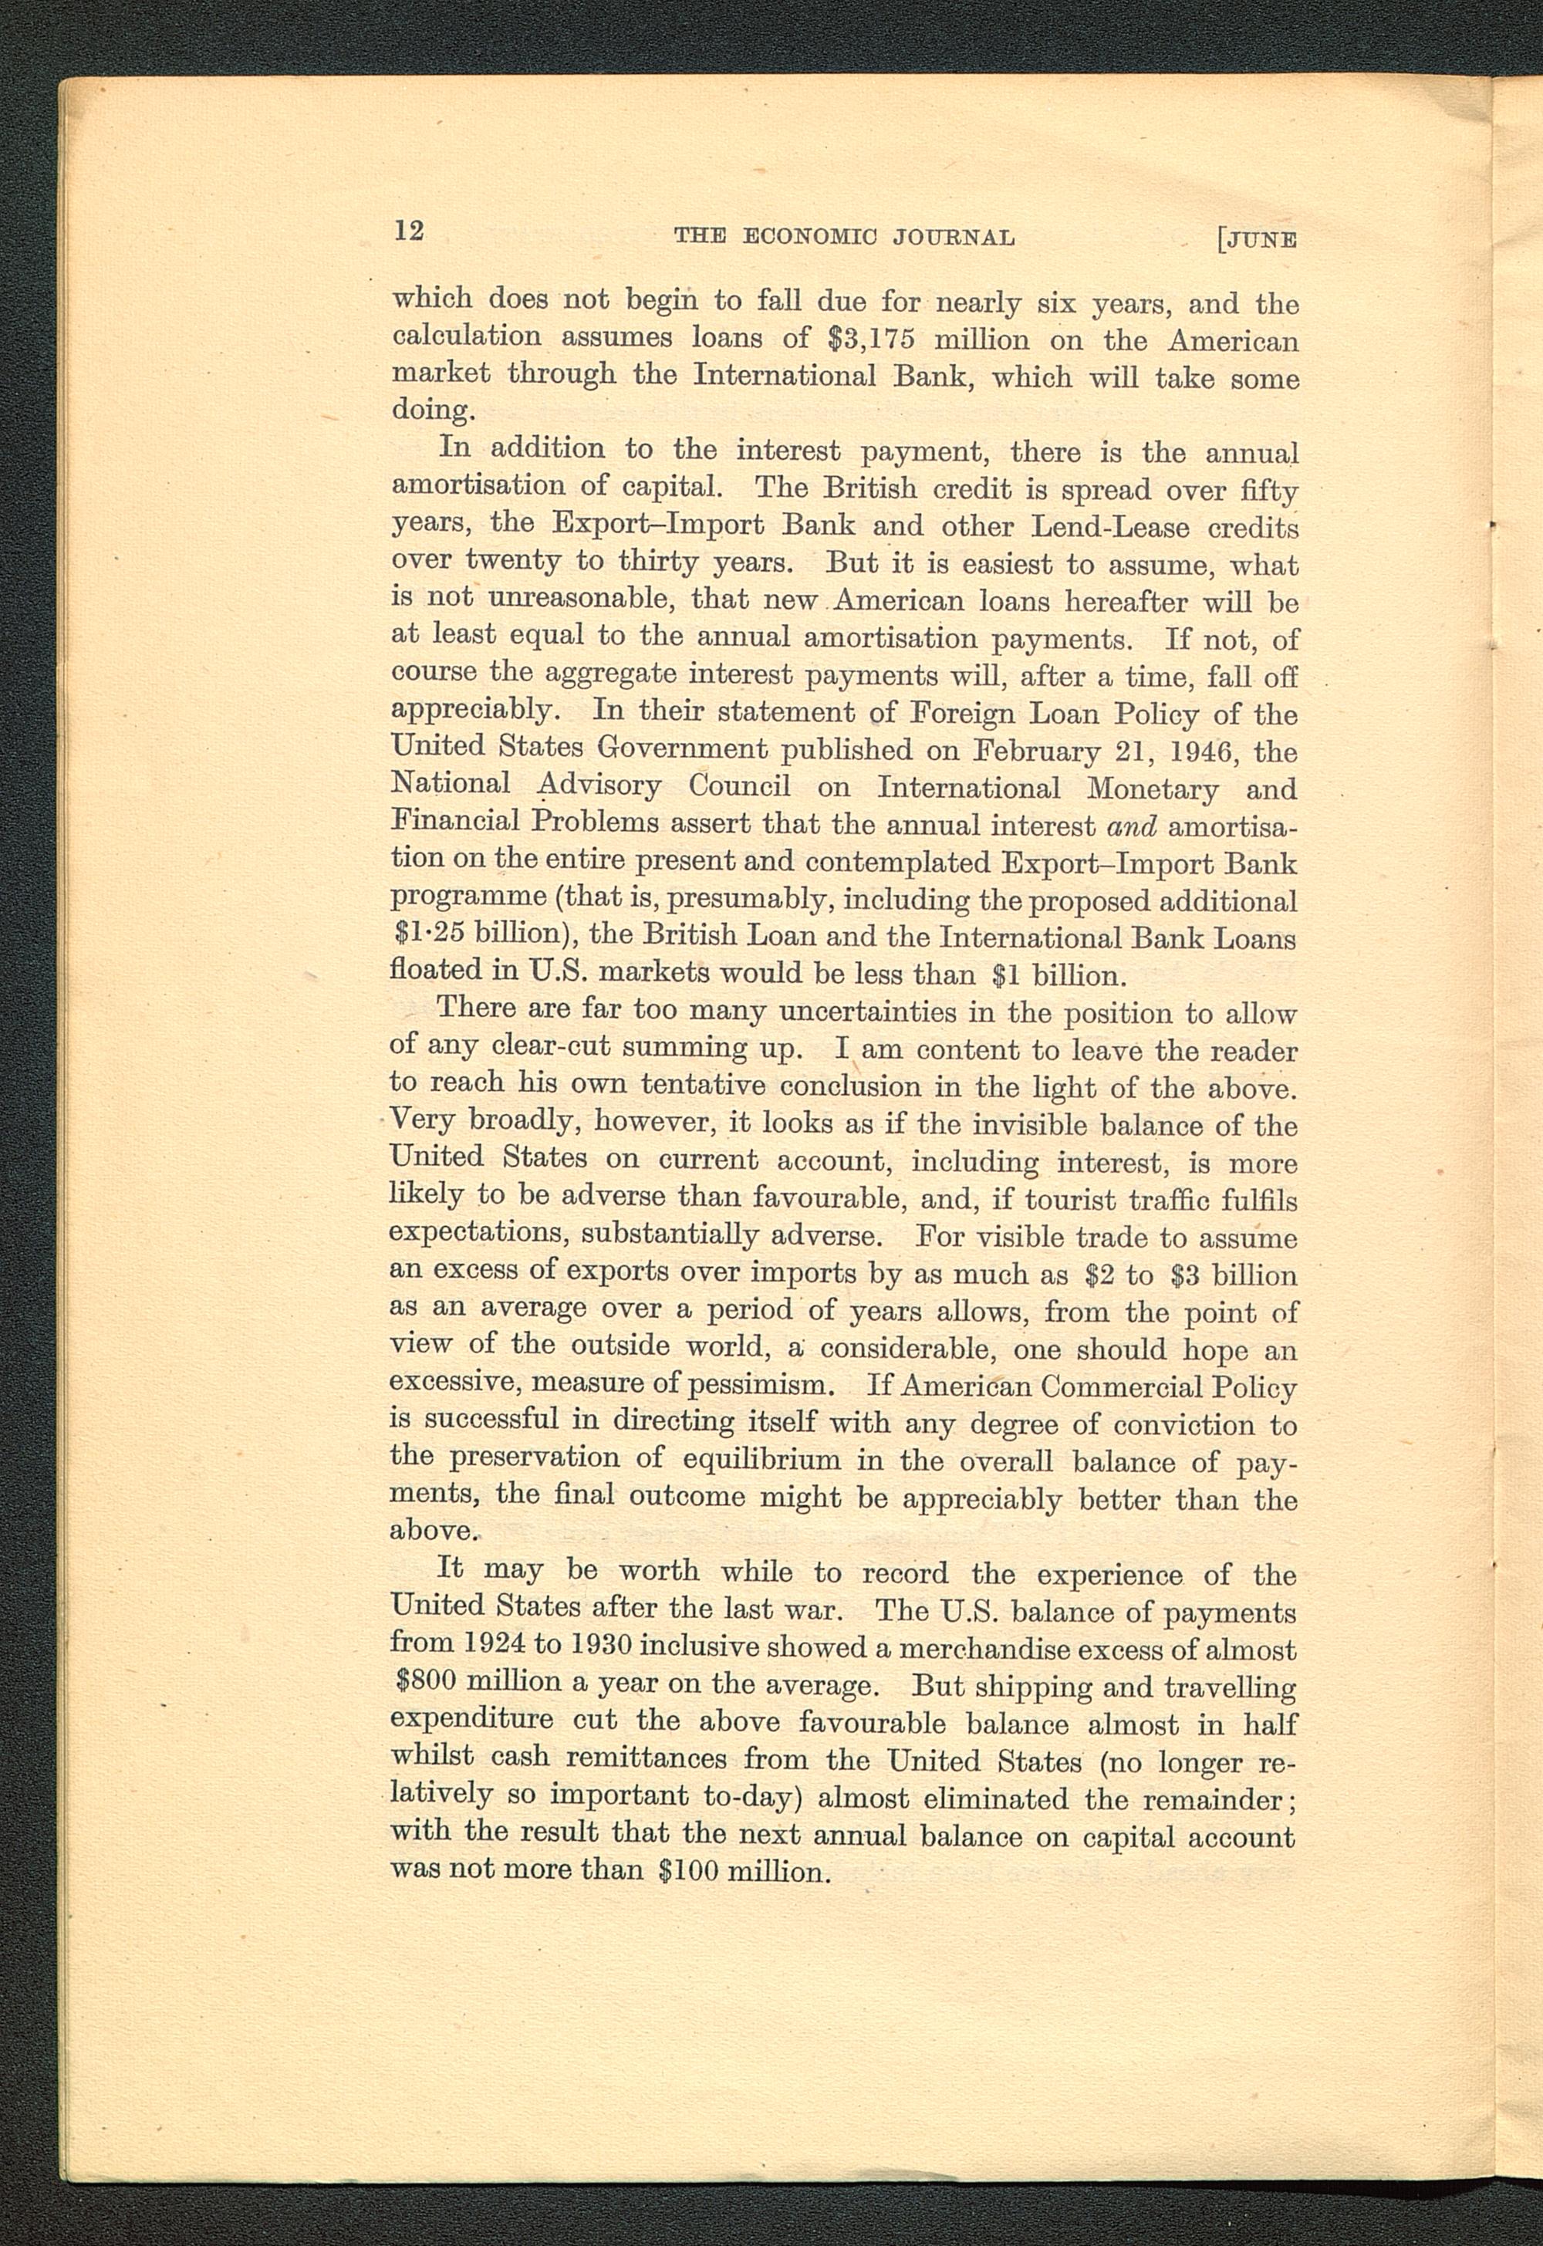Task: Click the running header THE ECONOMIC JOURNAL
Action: (844, 236)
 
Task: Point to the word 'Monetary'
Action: (1151, 789)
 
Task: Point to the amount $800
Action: (427, 1682)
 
